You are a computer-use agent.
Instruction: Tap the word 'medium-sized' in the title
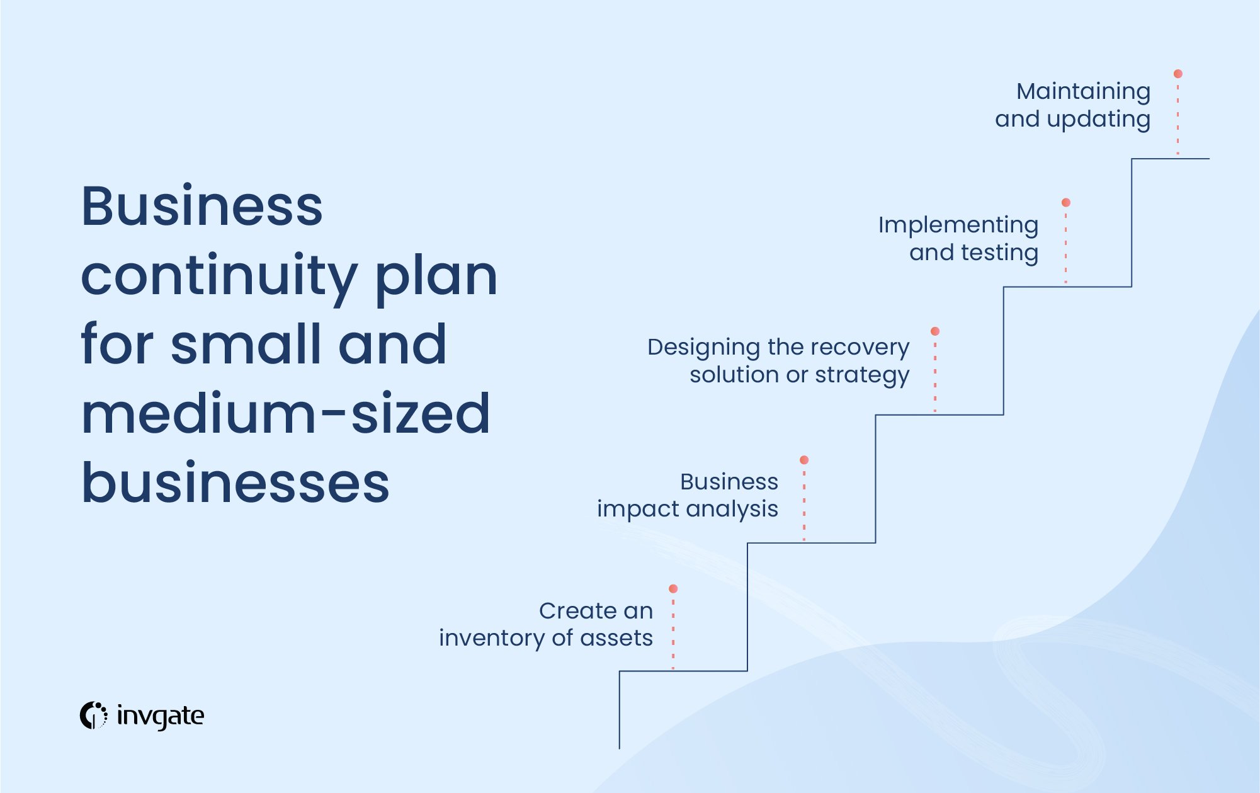click(286, 414)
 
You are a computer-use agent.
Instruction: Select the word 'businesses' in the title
click(236, 483)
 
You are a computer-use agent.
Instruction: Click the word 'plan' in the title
click(436, 277)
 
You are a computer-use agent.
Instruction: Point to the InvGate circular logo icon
click(93, 716)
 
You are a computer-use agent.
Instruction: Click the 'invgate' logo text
click(161, 716)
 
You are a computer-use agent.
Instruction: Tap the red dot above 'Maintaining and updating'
click(1178, 74)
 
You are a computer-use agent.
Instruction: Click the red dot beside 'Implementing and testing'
click(1065, 202)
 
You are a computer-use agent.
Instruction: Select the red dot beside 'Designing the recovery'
click(935, 331)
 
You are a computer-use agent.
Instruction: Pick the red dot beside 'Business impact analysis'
click(804, 460)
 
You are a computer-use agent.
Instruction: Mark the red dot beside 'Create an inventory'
click(673, 588)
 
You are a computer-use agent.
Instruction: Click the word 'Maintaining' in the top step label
click(1083, 92)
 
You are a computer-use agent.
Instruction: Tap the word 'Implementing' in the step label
click(958, 225)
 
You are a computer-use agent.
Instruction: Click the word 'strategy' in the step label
click(862, 375)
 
